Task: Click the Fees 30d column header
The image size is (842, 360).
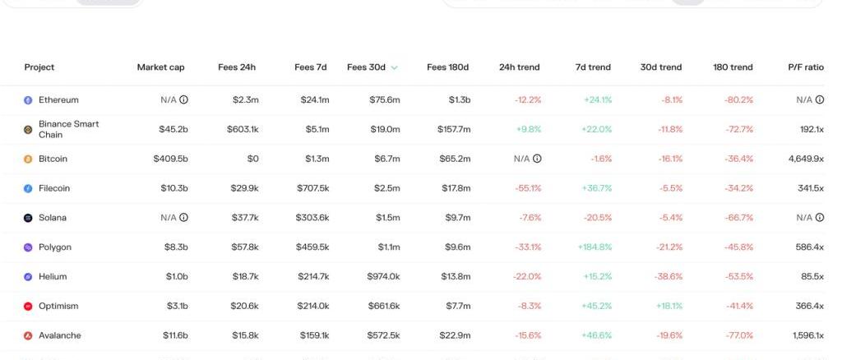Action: pos(366,67)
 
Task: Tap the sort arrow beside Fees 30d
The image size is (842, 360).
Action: pos(395,67)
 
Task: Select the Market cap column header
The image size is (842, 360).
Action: pos(160,67)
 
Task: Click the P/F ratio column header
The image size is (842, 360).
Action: pos(805,67)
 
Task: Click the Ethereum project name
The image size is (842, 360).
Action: pos(58,100)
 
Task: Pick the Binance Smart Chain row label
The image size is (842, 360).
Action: pos(68,129)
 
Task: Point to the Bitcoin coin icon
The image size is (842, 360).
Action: pos(28,159)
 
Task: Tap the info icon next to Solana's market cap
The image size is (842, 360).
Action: pos(183,218)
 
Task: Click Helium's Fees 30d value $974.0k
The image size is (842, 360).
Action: pos(384,277)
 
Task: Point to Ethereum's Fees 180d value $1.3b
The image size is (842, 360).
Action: pos(460,100)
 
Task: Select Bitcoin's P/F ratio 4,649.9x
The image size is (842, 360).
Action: pos(805,159)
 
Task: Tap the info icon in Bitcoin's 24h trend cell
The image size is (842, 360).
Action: pos(537,159)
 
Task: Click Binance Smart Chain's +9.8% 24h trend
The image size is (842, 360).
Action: pos(529,129)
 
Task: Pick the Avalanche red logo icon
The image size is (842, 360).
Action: pos(28,336)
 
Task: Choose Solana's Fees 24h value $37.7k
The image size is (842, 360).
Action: pos(245,218)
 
